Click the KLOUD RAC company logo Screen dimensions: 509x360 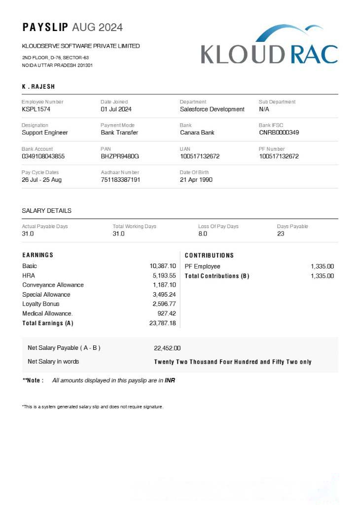[x=269, y=47]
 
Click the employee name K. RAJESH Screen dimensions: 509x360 [x=38, y=87]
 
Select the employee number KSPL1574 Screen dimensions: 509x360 [x=36, y=109]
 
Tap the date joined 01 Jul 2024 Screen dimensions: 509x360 [x=116, y=109]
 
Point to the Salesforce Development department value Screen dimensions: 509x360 [x=212, y=109]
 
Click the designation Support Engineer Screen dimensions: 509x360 [x=45, y=133]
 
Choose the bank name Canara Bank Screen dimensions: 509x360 [x=197, y=133]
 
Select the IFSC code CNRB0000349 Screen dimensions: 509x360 [x=279, y=133]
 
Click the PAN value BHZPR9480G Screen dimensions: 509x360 [x=120, y=156]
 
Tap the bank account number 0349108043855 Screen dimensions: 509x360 [x=43, y=156]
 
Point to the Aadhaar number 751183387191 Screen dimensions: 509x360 [x=120, y=180]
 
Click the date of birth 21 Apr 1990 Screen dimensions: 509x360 [x=196, y=180]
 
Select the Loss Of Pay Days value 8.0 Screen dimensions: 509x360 [x=203, y=234]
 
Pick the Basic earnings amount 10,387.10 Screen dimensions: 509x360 [x=163, y=266]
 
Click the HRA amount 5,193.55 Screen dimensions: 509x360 [x=164, y=275]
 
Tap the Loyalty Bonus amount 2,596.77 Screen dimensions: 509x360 [x=164, y=304]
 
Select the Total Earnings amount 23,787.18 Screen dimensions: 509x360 [x=163, y=323]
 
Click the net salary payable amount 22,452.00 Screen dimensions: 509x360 [x=167, y=348]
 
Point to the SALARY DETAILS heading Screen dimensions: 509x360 [x=47, y=211]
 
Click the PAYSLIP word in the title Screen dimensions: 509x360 [x=45, y=27]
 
